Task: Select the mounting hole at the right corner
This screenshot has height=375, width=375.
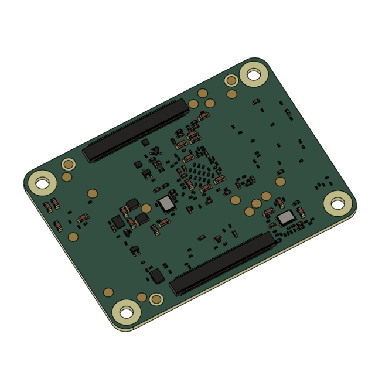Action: coord(339,203)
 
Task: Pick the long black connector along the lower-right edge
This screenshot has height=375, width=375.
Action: coord(223,262)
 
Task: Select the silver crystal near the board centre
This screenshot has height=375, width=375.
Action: coord(167,203)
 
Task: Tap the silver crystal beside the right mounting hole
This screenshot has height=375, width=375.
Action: coord(287,219)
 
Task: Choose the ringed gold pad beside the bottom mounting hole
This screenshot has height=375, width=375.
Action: coord(155,299)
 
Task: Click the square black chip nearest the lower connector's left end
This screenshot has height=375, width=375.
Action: coord(157,276)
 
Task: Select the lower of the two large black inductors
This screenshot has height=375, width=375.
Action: coord(142,219)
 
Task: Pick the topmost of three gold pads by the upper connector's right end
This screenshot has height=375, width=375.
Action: coord(203,93)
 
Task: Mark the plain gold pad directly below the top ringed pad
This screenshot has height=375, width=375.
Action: coord(232,94)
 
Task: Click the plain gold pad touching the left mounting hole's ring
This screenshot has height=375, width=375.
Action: coord(67,177)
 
